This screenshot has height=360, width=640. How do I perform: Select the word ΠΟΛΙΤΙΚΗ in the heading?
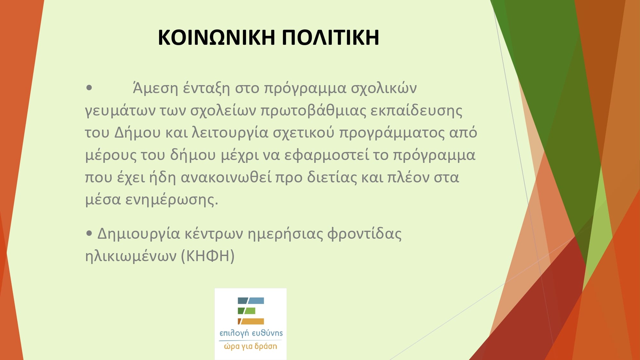tap(331, 37)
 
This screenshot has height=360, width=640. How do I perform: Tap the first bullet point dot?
tap(89, 88)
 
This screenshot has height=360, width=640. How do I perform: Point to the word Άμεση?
tap(155, 88)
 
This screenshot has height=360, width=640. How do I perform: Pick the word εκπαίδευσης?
tap(416, 111)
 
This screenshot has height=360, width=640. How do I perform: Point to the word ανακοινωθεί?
tap(226, 177)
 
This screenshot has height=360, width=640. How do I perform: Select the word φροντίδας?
tap(364, 234)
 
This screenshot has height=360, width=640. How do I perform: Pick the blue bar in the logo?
tap(251, 300)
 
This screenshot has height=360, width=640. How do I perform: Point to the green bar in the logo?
tap(246, 311)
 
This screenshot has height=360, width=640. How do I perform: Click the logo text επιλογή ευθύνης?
tap(251, 333)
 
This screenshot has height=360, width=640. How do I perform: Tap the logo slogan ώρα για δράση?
tap(251, 346)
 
